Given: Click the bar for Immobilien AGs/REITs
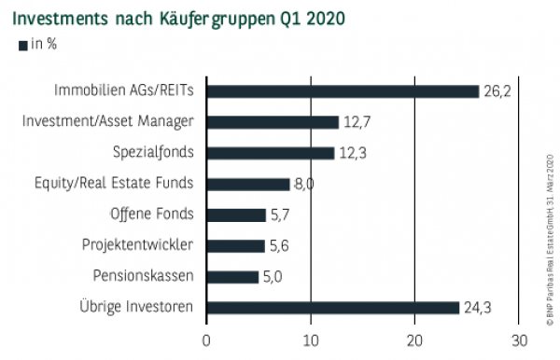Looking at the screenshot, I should coord(343,90).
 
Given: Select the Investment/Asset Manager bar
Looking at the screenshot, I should coord(273,121).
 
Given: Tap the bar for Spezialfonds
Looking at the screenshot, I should coord(270,152).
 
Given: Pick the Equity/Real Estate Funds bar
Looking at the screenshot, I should coord(248,184).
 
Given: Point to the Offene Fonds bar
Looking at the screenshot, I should coord(236,215).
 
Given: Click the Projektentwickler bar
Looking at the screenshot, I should coord(235,245).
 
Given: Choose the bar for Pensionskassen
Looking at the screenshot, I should coord(232,276).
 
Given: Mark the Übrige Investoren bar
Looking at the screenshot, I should coord(333,307).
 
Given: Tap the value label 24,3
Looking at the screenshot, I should coord(478,307).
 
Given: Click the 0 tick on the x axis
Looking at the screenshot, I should coord(206,340).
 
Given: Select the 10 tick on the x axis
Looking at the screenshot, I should coord(311,340).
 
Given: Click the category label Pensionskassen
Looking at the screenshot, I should coord(144,276).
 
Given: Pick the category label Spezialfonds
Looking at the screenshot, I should coord(154,152).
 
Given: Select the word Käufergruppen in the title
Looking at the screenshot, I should coord(194,19).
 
